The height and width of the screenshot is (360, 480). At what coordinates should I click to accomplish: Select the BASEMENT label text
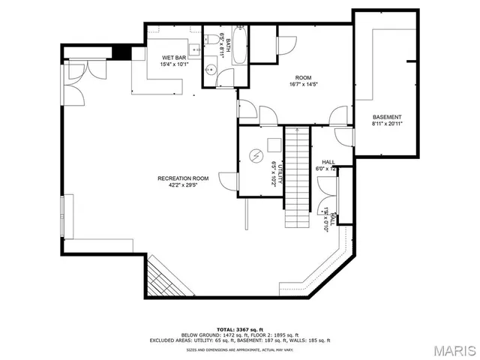click(387, 117)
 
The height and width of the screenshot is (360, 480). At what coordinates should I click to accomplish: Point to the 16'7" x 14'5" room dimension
click(302, 85)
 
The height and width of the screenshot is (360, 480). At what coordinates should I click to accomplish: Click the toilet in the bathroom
click(213, 38)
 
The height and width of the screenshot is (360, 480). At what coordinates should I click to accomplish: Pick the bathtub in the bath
click(240, 45)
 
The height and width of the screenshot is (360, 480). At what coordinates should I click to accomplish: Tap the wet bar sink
click(193, 52)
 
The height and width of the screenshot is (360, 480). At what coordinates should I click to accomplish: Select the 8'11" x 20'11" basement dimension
click(387, 124)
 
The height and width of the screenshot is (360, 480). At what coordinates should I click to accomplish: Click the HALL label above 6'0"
click(328, 162)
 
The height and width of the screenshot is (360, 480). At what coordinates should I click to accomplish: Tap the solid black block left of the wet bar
click(121, 52)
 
